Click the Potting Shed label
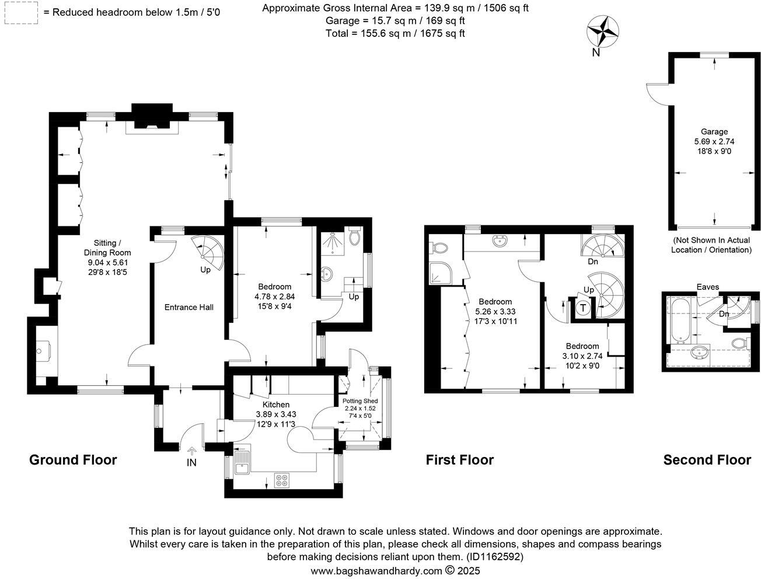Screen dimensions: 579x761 tap(359, 401)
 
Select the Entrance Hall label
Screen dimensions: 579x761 tap(188, 307)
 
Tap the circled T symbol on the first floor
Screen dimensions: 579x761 tap(582, 309)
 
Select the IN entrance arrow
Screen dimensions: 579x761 tap(192, 451)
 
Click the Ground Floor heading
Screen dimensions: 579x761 tap(73, 460)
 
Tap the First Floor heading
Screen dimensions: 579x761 tap(459, 460)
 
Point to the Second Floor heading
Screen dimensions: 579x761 tap(707, 460)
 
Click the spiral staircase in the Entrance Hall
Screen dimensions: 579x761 tap(208, 253)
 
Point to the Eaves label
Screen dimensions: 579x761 tap(707, 287)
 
